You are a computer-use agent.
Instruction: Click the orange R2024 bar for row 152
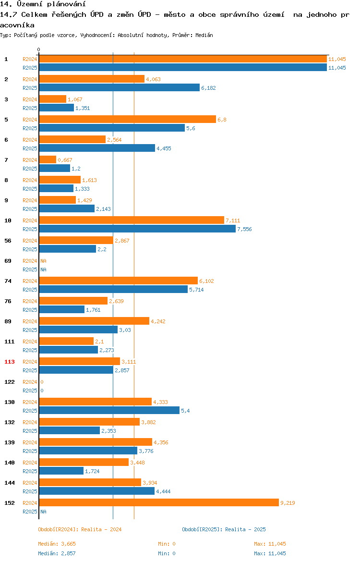pyautogui.click(x=159, y=502)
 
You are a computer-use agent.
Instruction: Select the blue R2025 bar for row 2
pyautogui.click(x=120, y=87)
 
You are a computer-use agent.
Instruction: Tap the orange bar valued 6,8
pyautogui.click(x=128, y=119)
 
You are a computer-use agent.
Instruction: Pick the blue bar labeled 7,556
pyautogui.click(x=137, y=229)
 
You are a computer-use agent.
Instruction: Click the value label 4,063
pyautogui.click(x=153, y=79)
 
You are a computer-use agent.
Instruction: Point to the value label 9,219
pyautogui.click(x=288, y=503)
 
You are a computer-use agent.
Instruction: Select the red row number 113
pyautogui.click(x=10, y=362)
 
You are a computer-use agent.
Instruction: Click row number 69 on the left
pyautogui.click(x=8, y=261)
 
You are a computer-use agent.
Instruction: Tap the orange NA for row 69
pyautogui.click(x=43, y=261)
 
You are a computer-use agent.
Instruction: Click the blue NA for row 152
pyautogui.click(x=43, y=512)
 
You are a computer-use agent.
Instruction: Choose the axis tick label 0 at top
pyautogui.click(x=39, y=49)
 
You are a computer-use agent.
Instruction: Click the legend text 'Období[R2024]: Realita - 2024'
pyautogui.click(x=80, y=529)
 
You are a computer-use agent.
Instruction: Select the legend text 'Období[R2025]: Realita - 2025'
pyautogui.click(x=224, y=529)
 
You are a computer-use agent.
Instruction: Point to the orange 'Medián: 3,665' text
pyautogui.click(x=57, y=544)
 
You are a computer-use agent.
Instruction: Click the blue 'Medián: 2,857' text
pyautogui.click(x=57, y=553)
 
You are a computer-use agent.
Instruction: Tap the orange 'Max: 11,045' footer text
pyautogui.click(x=270, y=544)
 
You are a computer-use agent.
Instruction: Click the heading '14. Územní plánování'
pyautogui.click(x=43, y=4)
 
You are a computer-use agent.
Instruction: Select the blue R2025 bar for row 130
pyautogui.click(x=109, y=410)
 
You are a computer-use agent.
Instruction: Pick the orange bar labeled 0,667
pyautogui.click(x=48, y=160)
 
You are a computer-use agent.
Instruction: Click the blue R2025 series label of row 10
pyautogui.click(x=30, y=229)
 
